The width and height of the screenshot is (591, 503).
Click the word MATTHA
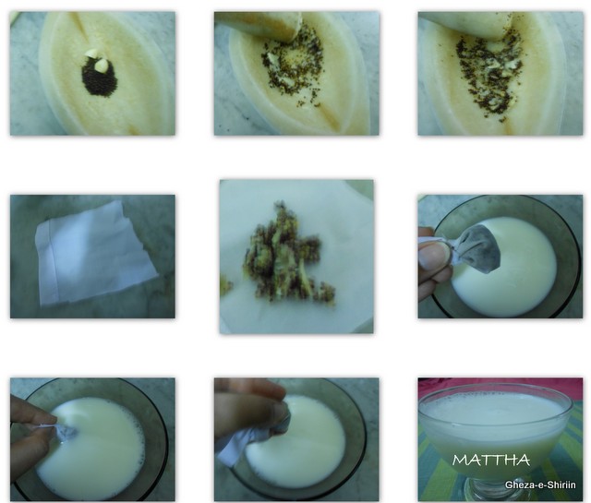coord(491,460)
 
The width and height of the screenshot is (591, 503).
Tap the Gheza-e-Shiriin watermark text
coord(540,485)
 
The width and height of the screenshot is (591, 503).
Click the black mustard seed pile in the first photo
coord(100,78)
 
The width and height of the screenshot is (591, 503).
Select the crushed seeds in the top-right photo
coord(488,74)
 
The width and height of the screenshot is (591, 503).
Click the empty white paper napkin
coord(95,253)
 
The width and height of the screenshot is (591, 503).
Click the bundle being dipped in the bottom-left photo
coord(64,430)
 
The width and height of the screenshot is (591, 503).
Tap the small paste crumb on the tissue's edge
coord(226,282)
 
